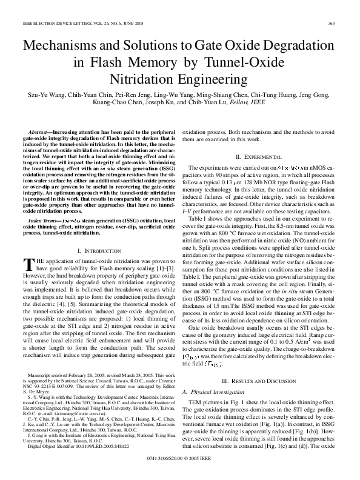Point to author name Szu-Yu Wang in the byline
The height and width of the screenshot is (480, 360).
pos(43,96)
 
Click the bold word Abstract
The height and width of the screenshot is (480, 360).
pos(39,132)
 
